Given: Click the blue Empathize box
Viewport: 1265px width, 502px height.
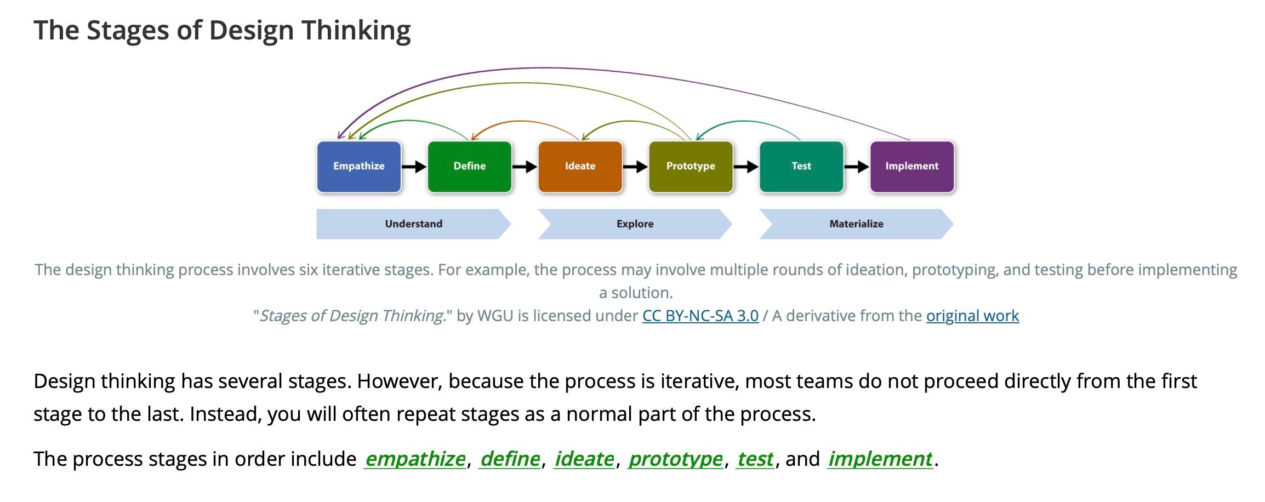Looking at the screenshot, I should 359,167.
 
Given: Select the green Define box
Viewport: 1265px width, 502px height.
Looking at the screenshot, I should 470,167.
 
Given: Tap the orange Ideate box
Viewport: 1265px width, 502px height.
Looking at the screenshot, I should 580,167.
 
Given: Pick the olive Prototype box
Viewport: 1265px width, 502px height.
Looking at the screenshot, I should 691,167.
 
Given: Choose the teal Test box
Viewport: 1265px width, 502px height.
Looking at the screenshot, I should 801,167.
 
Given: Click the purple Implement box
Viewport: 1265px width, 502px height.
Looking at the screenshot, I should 912,167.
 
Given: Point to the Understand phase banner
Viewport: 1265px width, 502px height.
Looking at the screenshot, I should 413,224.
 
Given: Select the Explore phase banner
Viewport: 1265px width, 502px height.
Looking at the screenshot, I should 635,224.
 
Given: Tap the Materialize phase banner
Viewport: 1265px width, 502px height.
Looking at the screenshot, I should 856,224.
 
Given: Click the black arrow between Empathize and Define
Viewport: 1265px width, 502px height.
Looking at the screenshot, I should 414,167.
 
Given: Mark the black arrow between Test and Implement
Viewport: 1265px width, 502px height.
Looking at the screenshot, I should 857,167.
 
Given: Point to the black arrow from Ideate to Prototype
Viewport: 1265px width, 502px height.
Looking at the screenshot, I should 635,167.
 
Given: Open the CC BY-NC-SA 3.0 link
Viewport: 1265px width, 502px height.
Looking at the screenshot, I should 700,316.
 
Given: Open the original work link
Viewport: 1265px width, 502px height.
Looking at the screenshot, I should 972,316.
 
